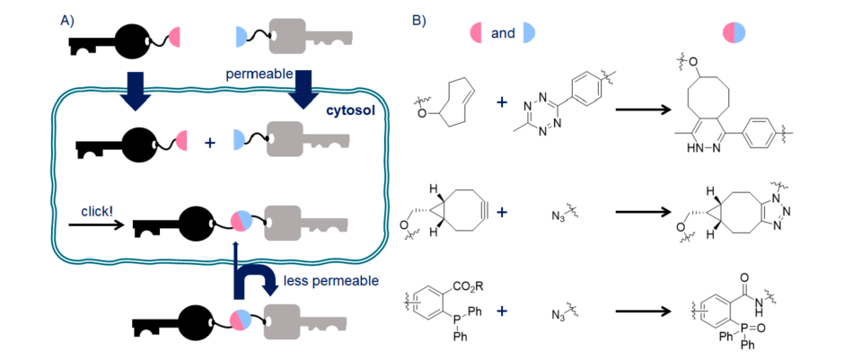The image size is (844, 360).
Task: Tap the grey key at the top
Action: (296, 40)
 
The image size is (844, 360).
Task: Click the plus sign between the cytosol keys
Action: (210, 141)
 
